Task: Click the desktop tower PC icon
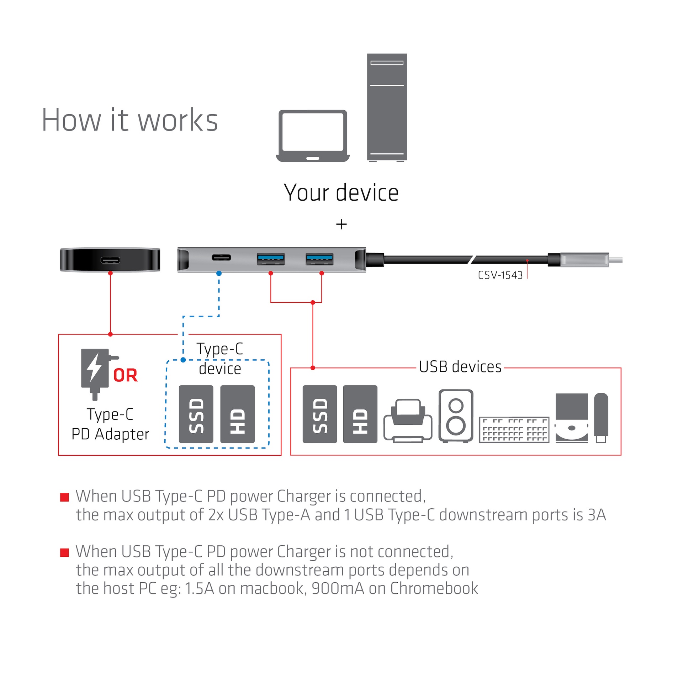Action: pyautogui.click(x=387, y=107)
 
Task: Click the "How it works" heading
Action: pyautogui.click(x=129, y=120)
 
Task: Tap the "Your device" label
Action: pyautogui.click(x=341, y=193)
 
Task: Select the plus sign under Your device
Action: pyautogui.click(x=341, y=224)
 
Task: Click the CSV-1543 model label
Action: pyautogui.click(x=500, y=275)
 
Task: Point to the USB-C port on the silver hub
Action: pyautogui.click(x=221, y=257)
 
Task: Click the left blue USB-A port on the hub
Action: pyautogui.click(x=270, y=259)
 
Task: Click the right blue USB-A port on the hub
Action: pyautogui.click(x=319, y=259)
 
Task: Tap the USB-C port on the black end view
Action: pyautogui.click(x=110, y=260)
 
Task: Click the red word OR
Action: pyautogui.click(x=125, y=376)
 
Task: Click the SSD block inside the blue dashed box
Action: pyautogui.click(x=196, y=414)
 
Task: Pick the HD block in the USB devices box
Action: pyautogui.click(x=360, y=414)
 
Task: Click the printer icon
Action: pyautogui.click(x=408, y=421)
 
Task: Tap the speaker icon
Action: pyautogui.click(x=456, y=415)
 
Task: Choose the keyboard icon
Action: pyautogui.click(x=514, y=429)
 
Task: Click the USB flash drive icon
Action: pyautogui.click(x=601, y=417)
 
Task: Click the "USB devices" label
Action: pyautogui.click(x=460, y=367)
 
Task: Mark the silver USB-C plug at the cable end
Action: pyautogui.click(x=584, y=260)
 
